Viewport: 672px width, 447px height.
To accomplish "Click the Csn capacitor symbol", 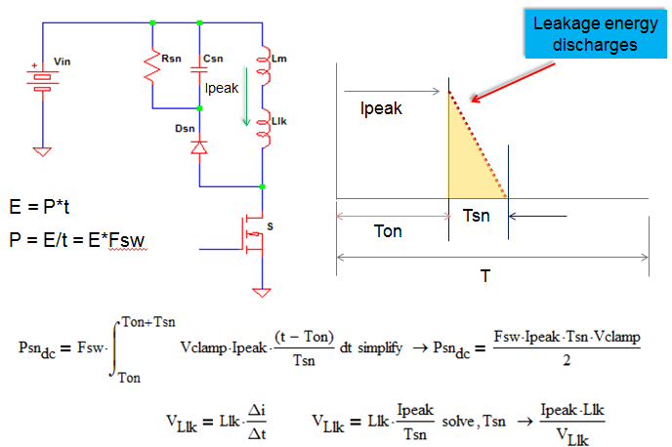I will pos(199,66).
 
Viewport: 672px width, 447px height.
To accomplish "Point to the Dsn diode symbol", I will pos(199,147).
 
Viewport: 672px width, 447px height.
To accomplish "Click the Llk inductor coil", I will pos(264,130).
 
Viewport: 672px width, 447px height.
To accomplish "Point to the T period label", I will pos(484,276).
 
